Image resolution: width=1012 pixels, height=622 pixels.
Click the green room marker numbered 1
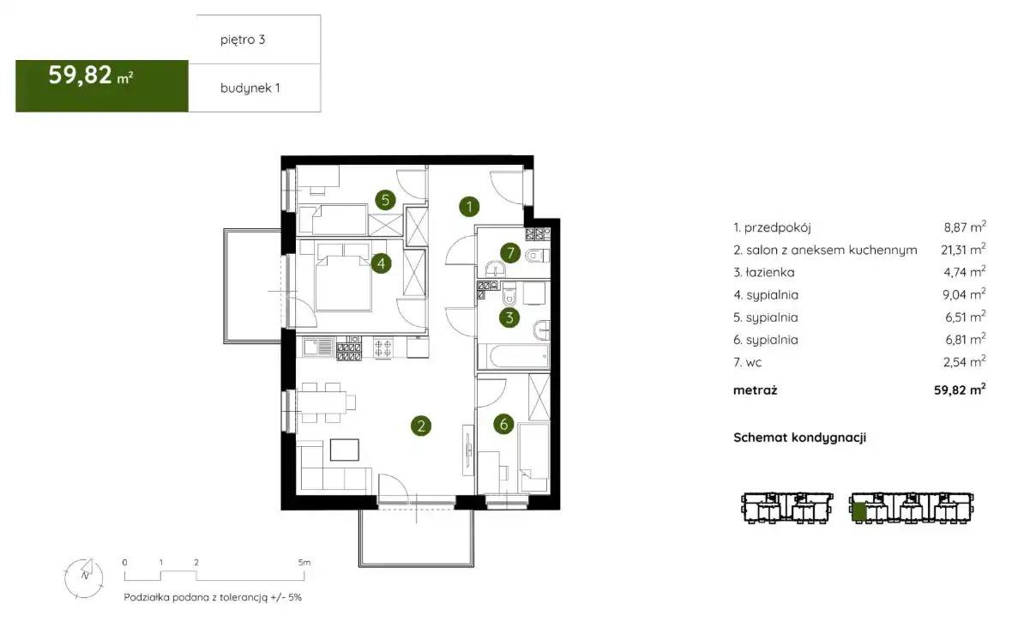coord(469,206)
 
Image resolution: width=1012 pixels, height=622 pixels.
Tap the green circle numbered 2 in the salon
coord(421,426)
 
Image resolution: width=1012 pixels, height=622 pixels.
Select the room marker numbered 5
coord(385,200)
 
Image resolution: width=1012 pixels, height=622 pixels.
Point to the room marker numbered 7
coord(510,252)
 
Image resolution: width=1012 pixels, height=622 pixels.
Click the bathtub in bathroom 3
coord(513,356)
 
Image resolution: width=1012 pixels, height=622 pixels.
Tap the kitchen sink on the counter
coord(318,348)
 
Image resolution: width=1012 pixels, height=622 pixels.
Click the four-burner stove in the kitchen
coord(383,348)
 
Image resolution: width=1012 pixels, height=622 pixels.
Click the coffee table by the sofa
coord(345,450)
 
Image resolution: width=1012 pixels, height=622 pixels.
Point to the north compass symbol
coord(84,577)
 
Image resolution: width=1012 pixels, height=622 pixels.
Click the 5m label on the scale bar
coord(304,563)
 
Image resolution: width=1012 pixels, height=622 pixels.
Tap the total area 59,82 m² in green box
coord(91,75)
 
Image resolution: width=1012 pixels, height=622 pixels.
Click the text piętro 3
coord(243,39)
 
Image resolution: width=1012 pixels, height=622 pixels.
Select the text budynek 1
coord(250,88)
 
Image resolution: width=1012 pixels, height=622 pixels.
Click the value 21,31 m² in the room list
coord(963,250)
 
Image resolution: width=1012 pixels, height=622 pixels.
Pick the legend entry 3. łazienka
coord(763,273)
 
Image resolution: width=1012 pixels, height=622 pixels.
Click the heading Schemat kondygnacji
coord(799,438)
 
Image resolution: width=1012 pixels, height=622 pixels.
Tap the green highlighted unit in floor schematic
coord(858,511)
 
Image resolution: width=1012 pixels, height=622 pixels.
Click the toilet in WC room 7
coord(535,257)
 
